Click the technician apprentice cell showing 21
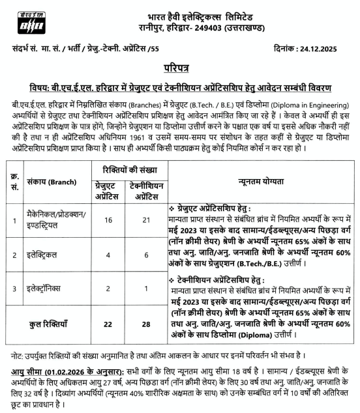point(144,221)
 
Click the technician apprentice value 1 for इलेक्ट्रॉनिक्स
point(144,289)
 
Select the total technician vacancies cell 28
point(144,324)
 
